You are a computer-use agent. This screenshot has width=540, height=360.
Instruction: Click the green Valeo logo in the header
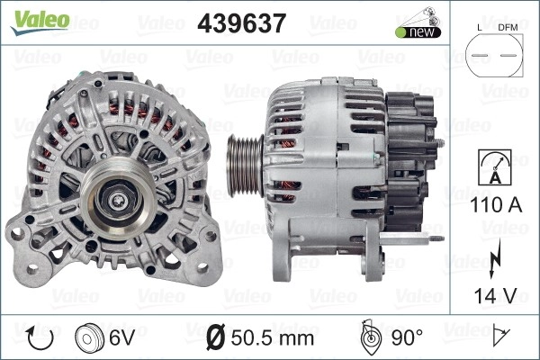(x=40, y=22)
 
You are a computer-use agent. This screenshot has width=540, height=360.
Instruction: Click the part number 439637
(x=241, y=23)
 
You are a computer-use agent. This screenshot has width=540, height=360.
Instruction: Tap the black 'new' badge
(x=418, y=32)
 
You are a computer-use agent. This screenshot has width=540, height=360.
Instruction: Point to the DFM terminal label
(x=508, y=28)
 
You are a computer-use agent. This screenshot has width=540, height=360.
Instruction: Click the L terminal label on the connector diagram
(x=480, y=28)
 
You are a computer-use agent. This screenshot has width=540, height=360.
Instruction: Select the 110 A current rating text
(x=496, y=204)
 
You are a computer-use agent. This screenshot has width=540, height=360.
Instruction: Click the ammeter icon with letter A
(x=495, y=167)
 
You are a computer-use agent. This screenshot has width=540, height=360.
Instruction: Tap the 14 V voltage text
(x=496, y=295)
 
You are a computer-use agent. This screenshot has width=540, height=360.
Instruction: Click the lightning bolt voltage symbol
(x=494, y=259)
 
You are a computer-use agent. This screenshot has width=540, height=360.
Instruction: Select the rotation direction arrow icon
(x=40, y=338)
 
